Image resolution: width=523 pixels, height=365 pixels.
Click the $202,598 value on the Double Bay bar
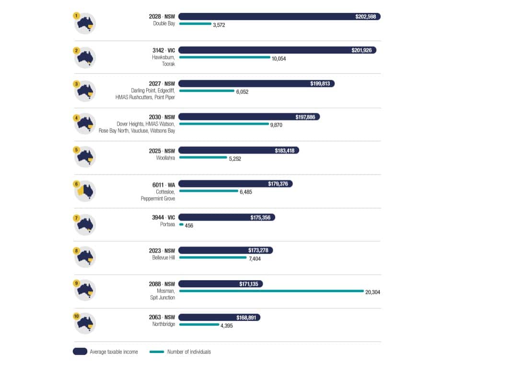pos(367,16)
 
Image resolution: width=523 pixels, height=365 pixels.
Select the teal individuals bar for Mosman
pos(271,291)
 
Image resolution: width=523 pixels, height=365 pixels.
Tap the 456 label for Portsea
pos(189,225)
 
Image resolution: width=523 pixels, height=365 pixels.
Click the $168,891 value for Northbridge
pos(247,318)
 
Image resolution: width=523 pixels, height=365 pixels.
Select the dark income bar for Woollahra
pos(238,150)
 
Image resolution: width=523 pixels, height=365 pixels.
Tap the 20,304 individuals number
pos(372,292)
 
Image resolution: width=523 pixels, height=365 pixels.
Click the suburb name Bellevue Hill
pos(163,258)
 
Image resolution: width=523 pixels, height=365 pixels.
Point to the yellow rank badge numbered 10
pos(76,316)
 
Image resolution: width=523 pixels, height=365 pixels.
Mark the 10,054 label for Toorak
pos(279,59)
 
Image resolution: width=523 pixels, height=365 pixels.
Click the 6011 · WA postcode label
pos(163,184)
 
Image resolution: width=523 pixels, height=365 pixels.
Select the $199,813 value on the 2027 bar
pos(320,83)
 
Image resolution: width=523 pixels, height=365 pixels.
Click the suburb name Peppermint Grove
pos(158,198)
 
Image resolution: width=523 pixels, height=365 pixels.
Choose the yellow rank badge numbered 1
pos(76,15)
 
